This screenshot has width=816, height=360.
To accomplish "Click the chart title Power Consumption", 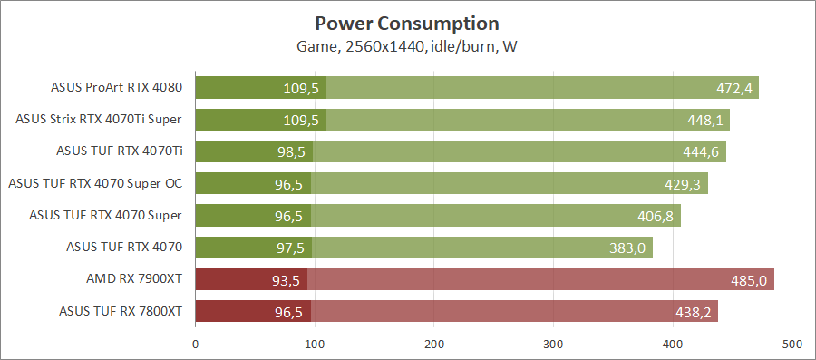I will click(x=407, y=23).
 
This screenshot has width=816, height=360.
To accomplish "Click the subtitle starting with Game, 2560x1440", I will click(x=407, y=46).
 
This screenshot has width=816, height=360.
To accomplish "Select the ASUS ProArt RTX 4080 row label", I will click(x=117, y=88).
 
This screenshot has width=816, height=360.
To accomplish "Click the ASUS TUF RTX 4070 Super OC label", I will click(x=95, y=183).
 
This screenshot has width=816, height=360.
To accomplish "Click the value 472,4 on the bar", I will click(x=733, y=89).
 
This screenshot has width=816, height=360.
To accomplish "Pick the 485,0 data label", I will click(x=749, y=280).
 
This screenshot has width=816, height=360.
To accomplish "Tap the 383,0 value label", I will click(x=627, y=248).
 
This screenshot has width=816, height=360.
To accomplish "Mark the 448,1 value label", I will click(x=704, y=121).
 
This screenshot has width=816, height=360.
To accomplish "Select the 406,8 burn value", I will click(x=656, y=216).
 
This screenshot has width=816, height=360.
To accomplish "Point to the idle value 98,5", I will click(x=292, y=152).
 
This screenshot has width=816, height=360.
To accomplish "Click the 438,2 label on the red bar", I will click(x=693, y=312).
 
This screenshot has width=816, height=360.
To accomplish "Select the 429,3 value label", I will click(x=682, y=184).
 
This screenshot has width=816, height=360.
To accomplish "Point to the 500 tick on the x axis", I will click(x=792, y=344).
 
